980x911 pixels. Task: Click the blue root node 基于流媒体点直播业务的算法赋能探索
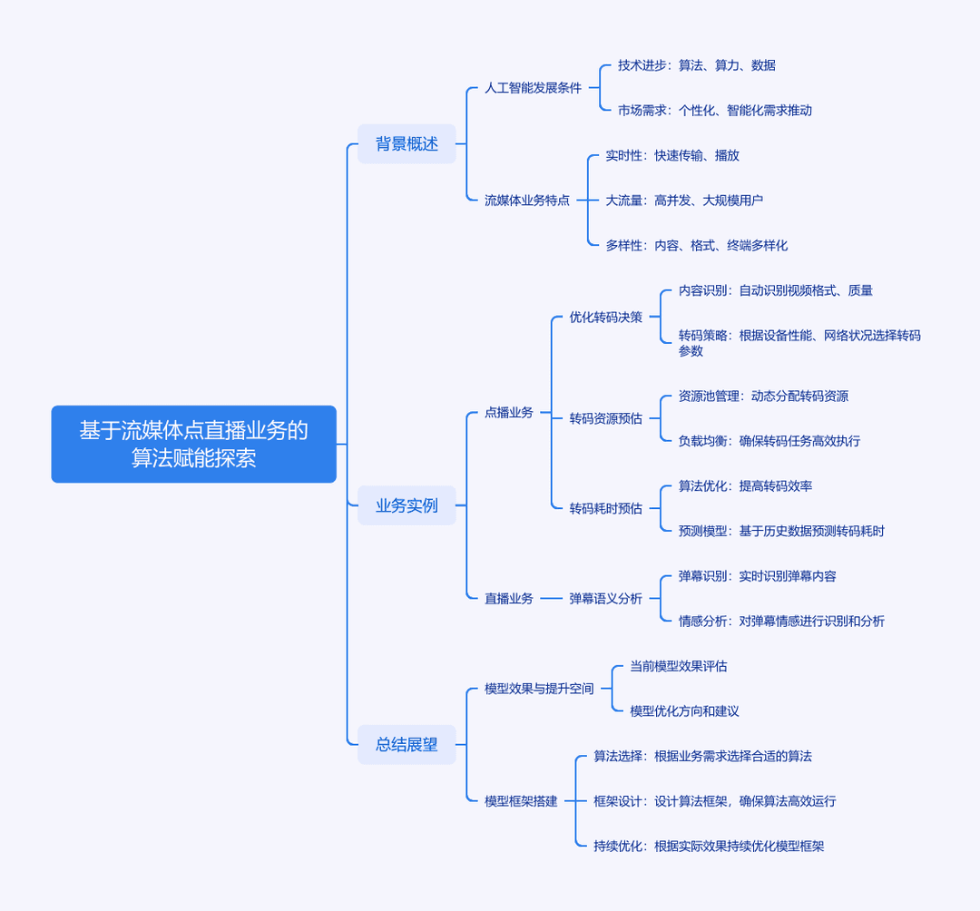point(194,445)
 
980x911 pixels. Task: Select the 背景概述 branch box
point(407,143)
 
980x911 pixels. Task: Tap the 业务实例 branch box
point(407,505)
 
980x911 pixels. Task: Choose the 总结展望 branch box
point(407,745)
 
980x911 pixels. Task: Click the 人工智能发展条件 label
point(534,88)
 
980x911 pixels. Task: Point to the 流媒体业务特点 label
point(527,201)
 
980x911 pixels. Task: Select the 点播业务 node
point(509,412)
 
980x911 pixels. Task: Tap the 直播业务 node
point(509,599)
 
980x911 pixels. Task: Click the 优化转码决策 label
point(605,318)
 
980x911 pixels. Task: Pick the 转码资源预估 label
point(605,418)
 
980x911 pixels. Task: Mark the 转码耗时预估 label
point(605,509)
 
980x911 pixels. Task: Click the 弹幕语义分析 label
point(605,599)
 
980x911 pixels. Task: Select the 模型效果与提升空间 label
point(539,689)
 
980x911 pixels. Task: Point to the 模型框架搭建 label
point(521,801)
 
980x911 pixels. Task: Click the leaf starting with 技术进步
point(697,65)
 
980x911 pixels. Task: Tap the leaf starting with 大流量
point(684,201)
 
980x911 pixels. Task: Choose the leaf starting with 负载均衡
point(769,441)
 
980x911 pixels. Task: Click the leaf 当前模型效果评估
point(678,666)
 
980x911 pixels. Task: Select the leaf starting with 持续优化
point(709,846)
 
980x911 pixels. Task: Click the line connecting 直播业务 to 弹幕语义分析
point(552,599)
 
